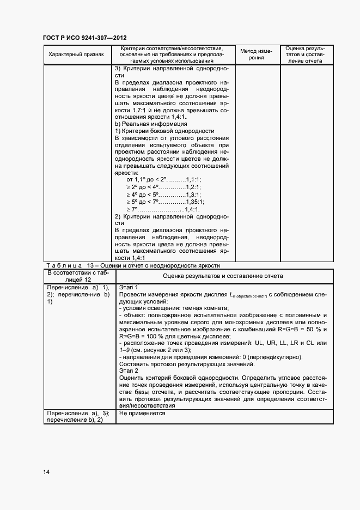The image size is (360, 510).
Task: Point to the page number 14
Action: coord(46,472)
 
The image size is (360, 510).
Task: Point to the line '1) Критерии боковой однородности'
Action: coord(164,131)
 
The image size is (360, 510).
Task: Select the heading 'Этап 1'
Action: coord(129,287)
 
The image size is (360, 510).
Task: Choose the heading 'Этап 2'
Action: coord(129,371)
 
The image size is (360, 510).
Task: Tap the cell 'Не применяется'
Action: coord(142,414)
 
